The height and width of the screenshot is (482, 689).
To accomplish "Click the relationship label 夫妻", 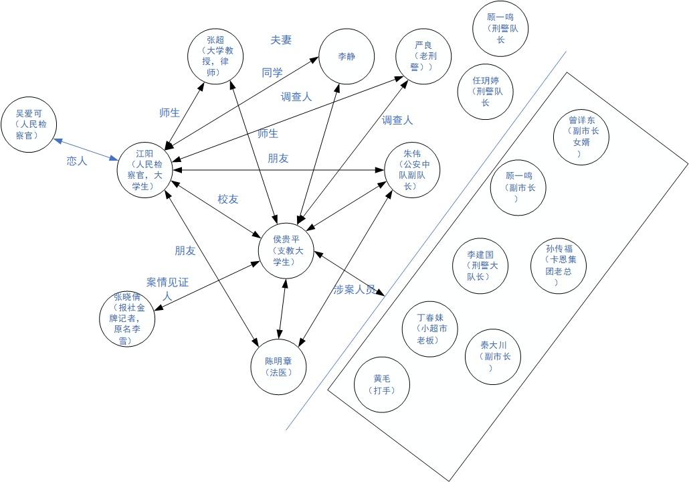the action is pos(281,39).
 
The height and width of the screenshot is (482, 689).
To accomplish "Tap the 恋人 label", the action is pos(77,161).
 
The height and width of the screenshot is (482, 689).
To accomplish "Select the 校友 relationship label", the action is pos(228,199).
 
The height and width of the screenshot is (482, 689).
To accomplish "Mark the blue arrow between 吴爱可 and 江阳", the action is pos(86,149).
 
